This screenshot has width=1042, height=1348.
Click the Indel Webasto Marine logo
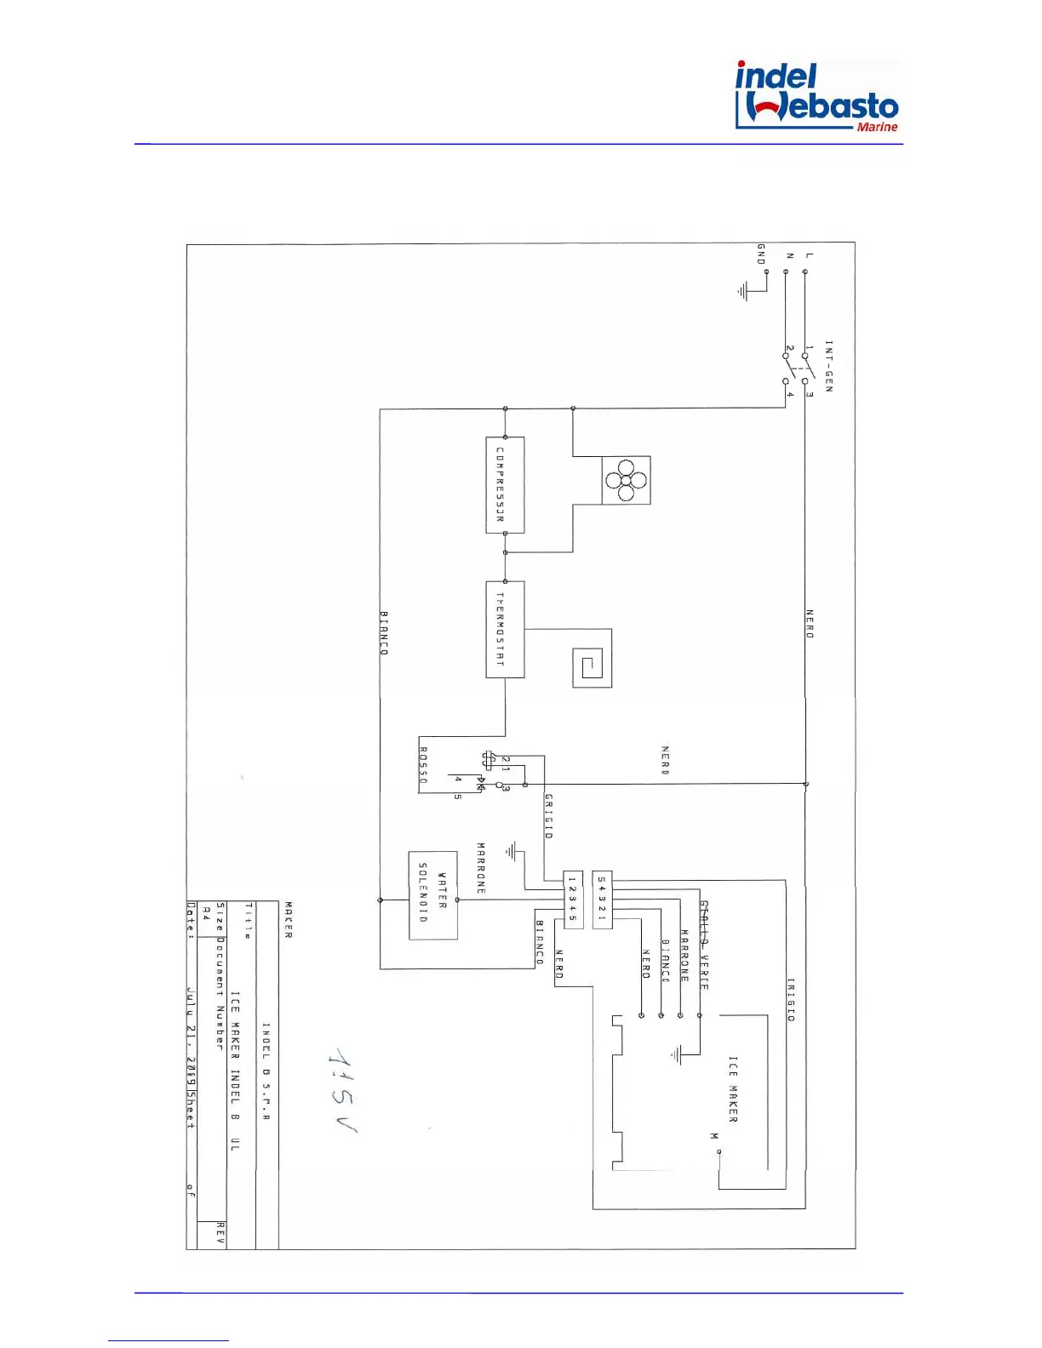(x=816, y=96)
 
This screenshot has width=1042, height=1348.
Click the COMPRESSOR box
(x=505, y=485)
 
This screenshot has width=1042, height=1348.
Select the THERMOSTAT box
(x=505, y=630)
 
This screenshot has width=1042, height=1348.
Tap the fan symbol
(x=626, y=481)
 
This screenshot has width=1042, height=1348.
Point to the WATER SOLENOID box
(x=433, y=895)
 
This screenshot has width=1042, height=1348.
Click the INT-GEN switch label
(x=829, y=366)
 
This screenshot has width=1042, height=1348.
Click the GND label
(x=761, y=254)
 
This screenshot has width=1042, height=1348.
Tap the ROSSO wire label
(x=423, y=766)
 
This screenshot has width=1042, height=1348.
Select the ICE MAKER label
(x=733, y=1089)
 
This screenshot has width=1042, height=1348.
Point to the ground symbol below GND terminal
(x=743, y=292)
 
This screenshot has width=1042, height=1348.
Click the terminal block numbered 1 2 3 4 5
(x=573, y=900)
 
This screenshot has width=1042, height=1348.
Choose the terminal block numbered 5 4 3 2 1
(x=602, y=900)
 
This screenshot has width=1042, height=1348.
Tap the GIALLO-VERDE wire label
(x=704, y=945)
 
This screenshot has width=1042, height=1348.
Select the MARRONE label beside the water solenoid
(x=481, y=868)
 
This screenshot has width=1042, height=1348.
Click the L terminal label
(x=809, y=255)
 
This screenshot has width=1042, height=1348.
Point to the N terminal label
(x=789, y=255)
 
